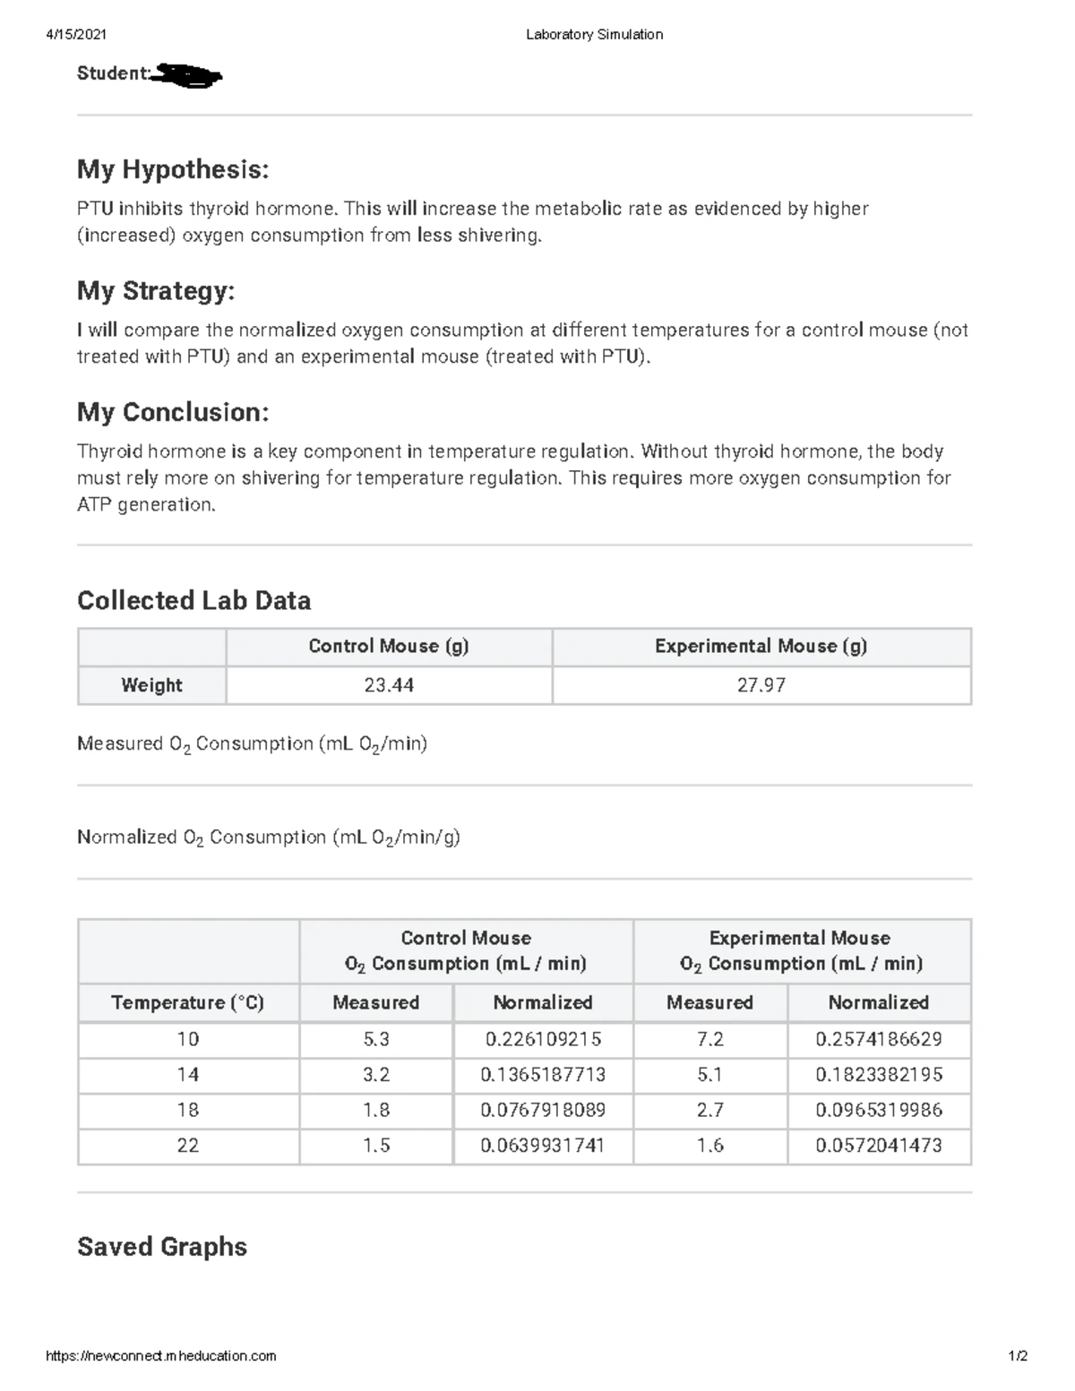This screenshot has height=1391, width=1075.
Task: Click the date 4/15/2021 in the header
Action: [x=76, y=34]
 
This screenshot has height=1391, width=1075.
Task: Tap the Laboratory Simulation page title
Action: [x=594, y=34]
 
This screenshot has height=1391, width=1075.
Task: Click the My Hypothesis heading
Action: [x=173, y=168]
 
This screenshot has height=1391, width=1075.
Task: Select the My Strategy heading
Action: [x=156, y=290]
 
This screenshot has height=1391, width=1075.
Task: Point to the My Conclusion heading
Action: [x=173, y=412]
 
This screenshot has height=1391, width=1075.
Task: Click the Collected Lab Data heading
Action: [x=193, y=600]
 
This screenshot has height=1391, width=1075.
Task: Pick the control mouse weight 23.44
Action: [x=389, y=685]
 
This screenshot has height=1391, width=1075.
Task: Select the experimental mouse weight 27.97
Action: [x=761, y=685]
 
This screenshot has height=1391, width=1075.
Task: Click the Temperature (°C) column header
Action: [x=187, y=1002]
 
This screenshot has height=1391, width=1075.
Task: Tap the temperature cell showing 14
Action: [x=187, y=1074]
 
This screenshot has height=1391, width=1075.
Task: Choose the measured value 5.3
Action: [x=376, y=1039]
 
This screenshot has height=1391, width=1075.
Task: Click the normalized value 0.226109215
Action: [x=543, y=1039]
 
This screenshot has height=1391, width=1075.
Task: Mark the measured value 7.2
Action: [x=709, y=1039]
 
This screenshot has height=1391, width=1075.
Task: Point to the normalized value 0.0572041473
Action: [x=879, y=1145]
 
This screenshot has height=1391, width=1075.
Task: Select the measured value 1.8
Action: [x=376, y=1110]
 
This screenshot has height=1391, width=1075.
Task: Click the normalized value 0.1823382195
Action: [x=879, y=1074]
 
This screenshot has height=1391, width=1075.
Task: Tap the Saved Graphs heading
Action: [x=162, y=1247]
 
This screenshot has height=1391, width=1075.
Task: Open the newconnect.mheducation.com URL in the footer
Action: [x=161, y=1356]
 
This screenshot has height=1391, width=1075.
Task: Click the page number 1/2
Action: [x=1018, y=1356]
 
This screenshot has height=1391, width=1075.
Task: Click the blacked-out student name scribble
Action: [x=187, y=75]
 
